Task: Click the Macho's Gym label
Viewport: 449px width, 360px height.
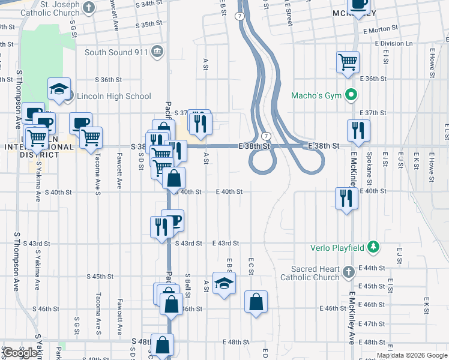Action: pyautogui.click(x=316, y=95)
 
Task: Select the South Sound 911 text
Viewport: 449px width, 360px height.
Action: pyautogui.click(x=116, y=52)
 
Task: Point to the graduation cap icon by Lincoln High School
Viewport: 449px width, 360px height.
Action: pyautogui.click(x=59, y=89)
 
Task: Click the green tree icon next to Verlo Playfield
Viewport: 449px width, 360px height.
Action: pyautogui.click(x=373, y=247)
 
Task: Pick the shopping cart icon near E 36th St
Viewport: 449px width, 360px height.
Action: pyautogui.click(x=348, y=62)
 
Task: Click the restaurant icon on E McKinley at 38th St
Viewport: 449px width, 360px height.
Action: pyautogui.click(x=358, y=130)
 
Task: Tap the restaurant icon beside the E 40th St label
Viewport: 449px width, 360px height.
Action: pyautogui.click(x=346, y=198)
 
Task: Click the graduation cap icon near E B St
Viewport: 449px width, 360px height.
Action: pyautogui.click(x=224, y=283)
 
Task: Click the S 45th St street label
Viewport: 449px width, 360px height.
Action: pyautogui.click(x=100, y=277)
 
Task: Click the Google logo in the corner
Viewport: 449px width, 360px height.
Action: pyautogui.click(x=20, y=353)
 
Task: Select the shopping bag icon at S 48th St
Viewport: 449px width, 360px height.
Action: pyautogui.click(x=162, y=345)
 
